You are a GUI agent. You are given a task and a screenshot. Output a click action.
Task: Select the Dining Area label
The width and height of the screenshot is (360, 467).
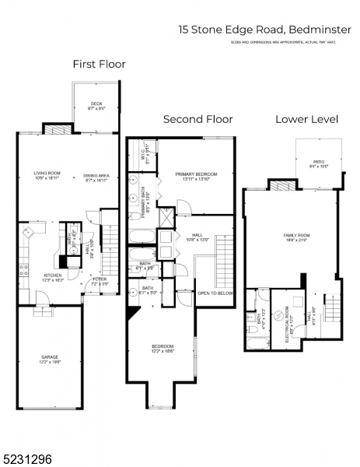tap(96, 177)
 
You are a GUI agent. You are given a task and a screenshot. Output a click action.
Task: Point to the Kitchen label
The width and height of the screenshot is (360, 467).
tap(53, 278)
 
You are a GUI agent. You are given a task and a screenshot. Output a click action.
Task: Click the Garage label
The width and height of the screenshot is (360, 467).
tap(50, 360)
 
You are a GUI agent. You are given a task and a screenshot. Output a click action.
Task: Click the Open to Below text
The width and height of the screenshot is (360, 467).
tap(215, 293)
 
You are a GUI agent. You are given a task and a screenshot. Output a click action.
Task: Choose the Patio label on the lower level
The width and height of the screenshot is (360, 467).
tap(319, 163)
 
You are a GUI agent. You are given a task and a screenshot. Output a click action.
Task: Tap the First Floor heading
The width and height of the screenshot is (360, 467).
tap(99, 64)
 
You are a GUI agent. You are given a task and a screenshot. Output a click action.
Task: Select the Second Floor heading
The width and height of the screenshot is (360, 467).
tap(197, 119)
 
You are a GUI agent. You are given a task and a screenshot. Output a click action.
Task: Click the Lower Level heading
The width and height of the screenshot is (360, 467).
tap(306, 119)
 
